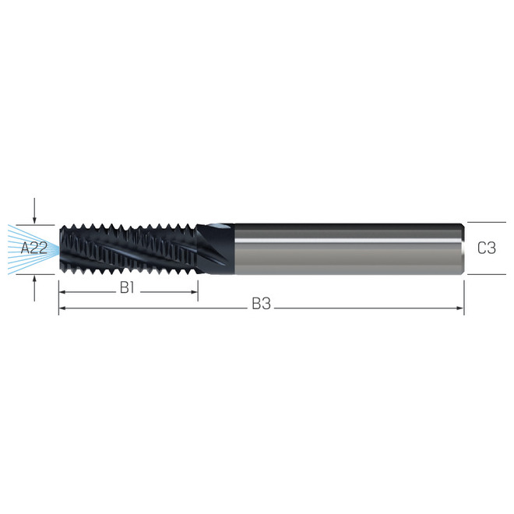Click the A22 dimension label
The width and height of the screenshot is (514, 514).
click(x=34, y=248)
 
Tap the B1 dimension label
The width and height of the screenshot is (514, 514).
click(x=128, y=288)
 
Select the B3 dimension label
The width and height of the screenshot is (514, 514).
click(x=261, y=305)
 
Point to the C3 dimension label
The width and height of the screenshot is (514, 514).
click(x=487, y=248)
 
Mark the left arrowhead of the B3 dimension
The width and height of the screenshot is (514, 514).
click(x=62, y=308)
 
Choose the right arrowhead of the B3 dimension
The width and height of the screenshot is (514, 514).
click(x=460, y=308)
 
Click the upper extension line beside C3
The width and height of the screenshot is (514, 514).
click(x=483, y=223)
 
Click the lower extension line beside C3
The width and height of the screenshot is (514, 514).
click(x=483, y=274)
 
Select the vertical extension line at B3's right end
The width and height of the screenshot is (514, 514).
click(x=464, y=296)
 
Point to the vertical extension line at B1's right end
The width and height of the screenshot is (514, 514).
click(x=198, y=287)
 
